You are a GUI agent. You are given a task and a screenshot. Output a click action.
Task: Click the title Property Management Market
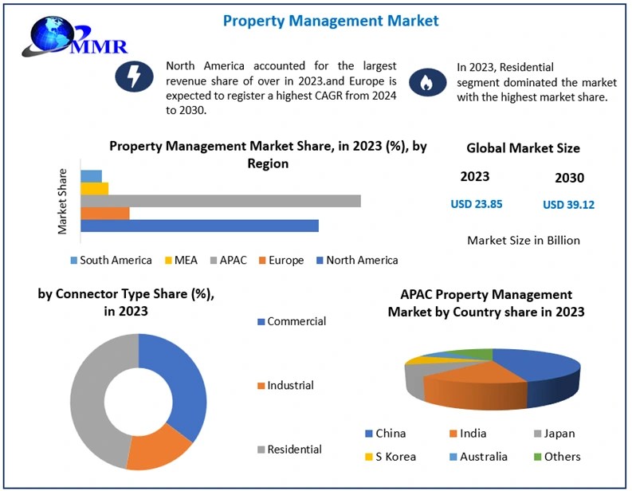point(330,21)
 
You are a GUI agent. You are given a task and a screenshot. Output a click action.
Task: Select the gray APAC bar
point(221,201)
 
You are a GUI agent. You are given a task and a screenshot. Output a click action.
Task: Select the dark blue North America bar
point(199,226)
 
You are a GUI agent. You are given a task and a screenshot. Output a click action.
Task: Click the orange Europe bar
point(105,214)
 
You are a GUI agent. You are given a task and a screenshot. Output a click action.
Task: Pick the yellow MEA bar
point(95,189)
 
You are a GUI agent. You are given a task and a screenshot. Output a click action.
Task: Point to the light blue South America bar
point(92,176)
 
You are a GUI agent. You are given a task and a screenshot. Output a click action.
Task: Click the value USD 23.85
point(476,204)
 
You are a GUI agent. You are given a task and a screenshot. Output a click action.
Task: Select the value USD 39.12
point(568,205)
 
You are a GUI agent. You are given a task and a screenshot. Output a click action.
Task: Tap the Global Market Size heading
point(523,148)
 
